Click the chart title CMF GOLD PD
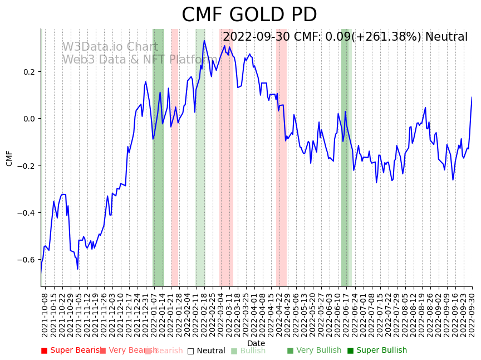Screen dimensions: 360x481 [x=249, y=15]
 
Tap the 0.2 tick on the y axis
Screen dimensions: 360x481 [x=29, y=72]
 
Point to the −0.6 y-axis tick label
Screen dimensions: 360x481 [x=26, y=260]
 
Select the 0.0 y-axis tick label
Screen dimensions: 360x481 [x=29, y=119]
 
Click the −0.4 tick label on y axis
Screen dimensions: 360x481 [x=26, y=213]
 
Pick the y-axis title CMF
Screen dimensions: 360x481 [x=9, y=158]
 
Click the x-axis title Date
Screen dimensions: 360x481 [x=256, y=343]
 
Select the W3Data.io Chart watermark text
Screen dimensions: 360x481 [x=110, y=47]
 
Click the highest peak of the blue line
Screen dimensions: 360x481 [x=204, y=40]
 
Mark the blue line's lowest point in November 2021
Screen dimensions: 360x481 [x=78, y=269]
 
